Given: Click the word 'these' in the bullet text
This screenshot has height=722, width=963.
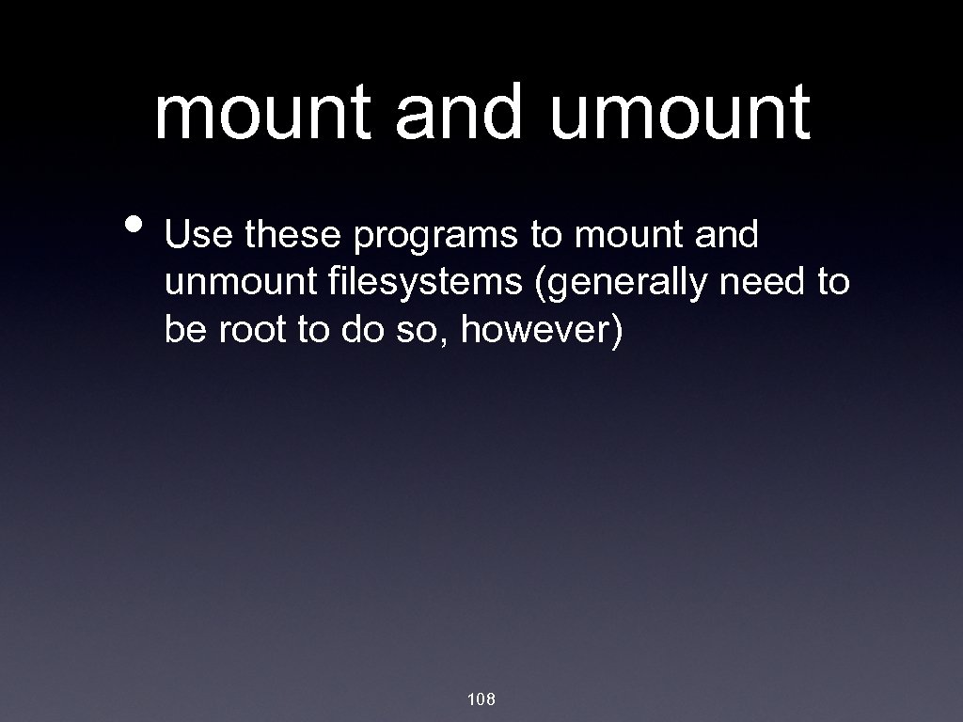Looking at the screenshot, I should (x=293, y=236).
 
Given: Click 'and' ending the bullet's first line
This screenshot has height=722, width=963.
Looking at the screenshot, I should (x=727, y=236).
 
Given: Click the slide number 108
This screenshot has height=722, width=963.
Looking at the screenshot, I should (x=481, y=698).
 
